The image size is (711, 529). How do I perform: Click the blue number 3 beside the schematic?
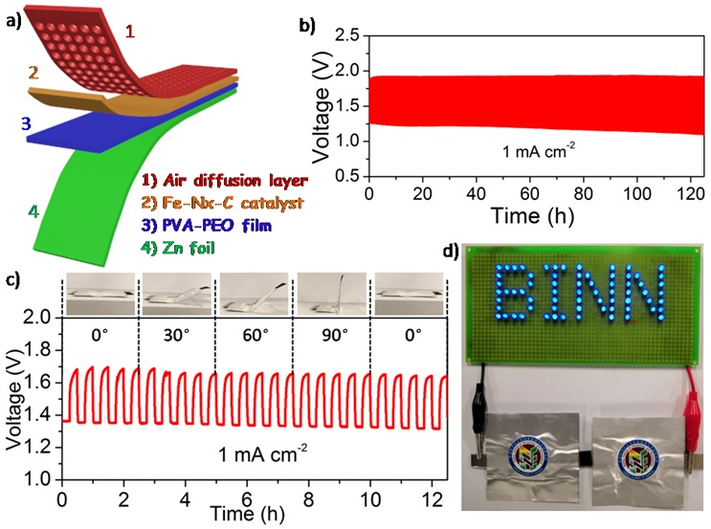click(x=14, y=125)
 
